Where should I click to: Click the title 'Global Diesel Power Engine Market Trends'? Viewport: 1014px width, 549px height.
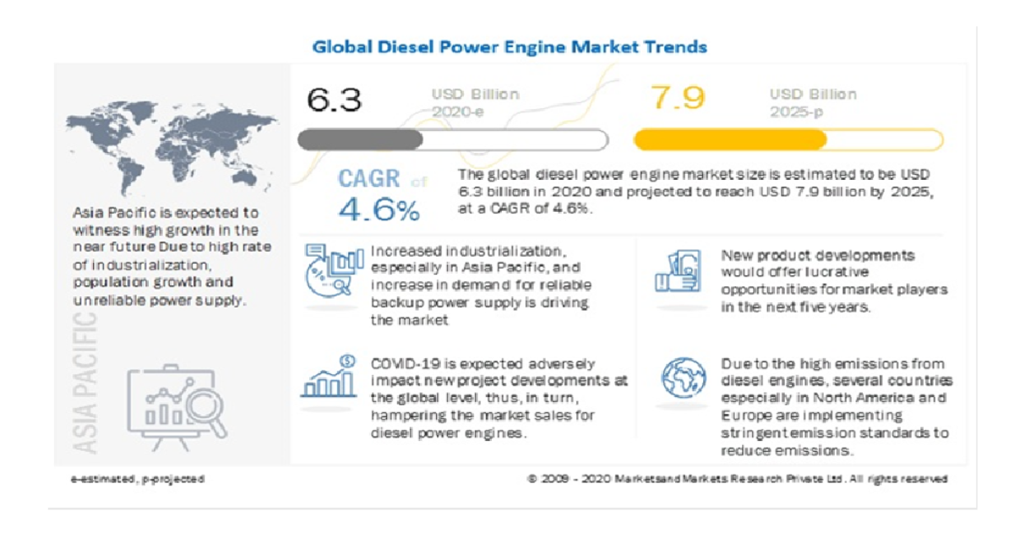point(510,47)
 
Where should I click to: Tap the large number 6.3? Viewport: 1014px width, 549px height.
point(335,100)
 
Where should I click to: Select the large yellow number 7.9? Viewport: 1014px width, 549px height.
point(678,97)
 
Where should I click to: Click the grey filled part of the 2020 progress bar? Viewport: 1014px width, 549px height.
point(360,140)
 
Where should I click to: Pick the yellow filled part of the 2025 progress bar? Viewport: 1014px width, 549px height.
point(730,139)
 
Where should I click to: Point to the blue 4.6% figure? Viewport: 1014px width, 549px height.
point(379,209)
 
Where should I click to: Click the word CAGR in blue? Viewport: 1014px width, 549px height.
point(369,178)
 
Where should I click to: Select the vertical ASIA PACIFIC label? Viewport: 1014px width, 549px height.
point(84,383)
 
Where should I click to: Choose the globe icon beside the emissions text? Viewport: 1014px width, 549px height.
point(684,378)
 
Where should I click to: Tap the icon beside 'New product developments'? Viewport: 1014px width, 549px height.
point(678,271)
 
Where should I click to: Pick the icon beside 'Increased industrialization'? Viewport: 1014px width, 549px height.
point(334,270)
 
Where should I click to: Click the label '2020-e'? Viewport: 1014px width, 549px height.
point(458,111)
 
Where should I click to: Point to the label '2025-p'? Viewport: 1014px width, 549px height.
point(797,111)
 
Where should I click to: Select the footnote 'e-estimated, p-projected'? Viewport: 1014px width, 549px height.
point(138,479)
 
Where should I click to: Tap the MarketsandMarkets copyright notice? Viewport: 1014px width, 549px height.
point(738,479)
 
